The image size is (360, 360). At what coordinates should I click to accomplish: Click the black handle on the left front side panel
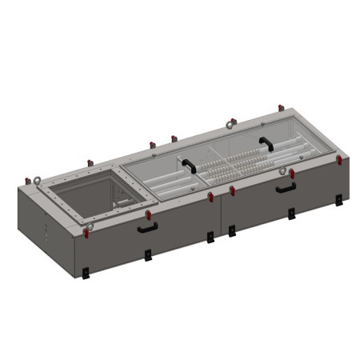(x=146, y=227)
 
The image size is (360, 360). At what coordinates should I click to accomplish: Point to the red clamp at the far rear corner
(x=280, y=108)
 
